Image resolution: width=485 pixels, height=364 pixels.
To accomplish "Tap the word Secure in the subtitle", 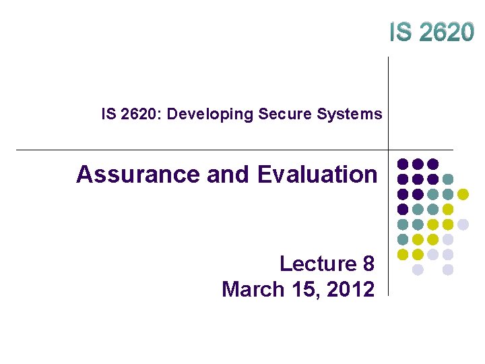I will click(275, 114).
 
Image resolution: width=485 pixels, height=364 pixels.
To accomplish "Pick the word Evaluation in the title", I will click(317, 175).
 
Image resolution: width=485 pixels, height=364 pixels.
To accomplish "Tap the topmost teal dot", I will click(448, 179).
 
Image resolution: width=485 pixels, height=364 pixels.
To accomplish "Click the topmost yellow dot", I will click(463, 194).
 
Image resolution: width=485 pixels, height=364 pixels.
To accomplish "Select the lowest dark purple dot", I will click(403, 209).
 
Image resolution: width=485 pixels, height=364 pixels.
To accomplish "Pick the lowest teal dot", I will click(403, 239).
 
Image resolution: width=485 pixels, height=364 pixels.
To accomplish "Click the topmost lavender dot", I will click(463, 224).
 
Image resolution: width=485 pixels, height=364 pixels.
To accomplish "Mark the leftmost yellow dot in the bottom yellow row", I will click(403, 255).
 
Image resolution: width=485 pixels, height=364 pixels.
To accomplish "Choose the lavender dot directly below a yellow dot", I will click(432, 255).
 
